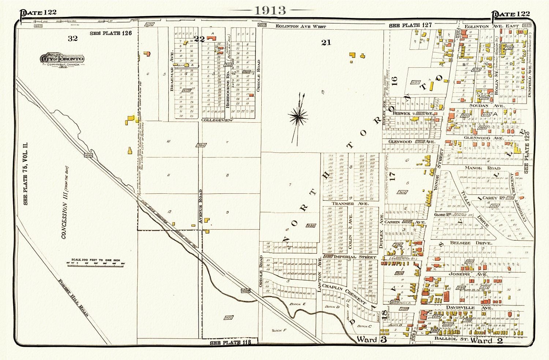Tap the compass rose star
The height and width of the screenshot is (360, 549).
299,117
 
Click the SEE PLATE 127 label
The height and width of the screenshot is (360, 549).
410,25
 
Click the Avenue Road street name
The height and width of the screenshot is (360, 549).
200,207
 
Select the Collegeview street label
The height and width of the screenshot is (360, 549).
217,120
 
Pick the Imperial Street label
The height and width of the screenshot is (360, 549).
350,257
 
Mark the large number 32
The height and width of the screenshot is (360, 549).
72,38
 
